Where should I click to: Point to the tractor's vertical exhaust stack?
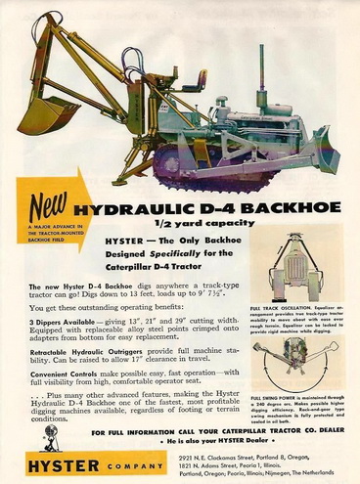point(261,69)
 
